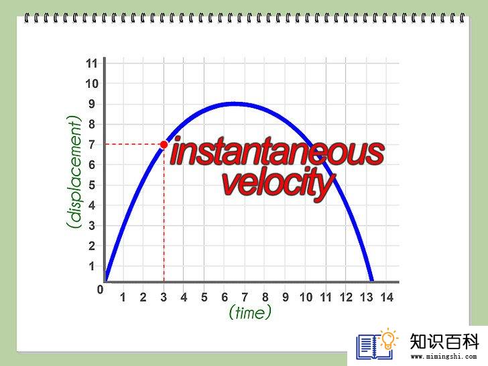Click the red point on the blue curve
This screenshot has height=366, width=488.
[164, 144]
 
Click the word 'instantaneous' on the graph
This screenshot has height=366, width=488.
[278, 152]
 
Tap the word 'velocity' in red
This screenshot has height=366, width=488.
[279, 184]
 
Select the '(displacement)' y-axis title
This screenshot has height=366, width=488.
[74, 173]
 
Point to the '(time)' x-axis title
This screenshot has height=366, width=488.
[250, 312]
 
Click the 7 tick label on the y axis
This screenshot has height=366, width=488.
[91, 144]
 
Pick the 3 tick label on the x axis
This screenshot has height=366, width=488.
[164, 297]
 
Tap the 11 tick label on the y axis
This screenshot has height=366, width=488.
[92, 64]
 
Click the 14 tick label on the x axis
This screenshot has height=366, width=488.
[387, 297]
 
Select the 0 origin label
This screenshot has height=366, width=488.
[100, 290]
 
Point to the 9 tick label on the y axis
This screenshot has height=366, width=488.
[91, 104]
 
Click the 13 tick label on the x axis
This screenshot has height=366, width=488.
[367, 297]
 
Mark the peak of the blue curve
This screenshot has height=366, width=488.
[232, 104]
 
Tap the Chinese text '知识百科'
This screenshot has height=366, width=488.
[444, 341]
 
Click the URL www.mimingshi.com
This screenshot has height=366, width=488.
[444, 357]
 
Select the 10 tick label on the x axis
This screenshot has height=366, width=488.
[306, 297]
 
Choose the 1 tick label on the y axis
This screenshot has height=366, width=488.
[91, 266]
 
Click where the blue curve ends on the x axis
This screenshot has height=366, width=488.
[372, 282]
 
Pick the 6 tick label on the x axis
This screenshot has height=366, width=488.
[225, 297]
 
